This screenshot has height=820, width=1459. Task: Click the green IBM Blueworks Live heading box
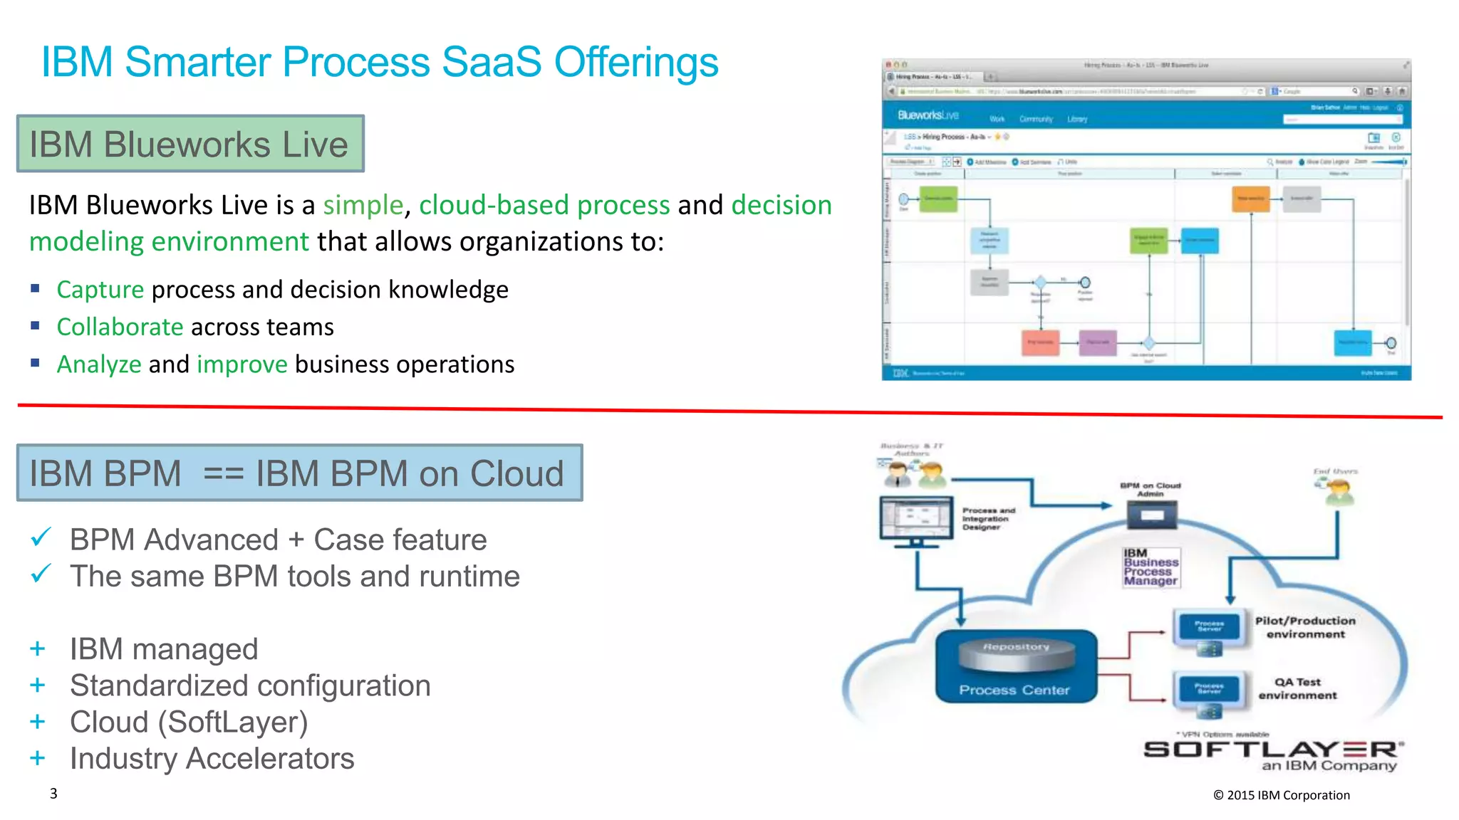click(x=190, y=144)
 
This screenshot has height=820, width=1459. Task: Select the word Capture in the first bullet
click(x=100, y=290)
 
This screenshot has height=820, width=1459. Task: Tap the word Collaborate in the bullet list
click(x=120, y=327)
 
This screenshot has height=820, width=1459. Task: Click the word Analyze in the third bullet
click(x=99, y=364)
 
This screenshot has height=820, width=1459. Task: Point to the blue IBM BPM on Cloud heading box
click(x=299, y=473)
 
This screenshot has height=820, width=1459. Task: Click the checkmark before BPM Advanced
click(x=41, y=537)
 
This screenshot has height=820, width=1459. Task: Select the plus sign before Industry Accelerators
click(x=38, y=758)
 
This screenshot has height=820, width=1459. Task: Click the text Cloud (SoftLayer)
click(x=189, y=722)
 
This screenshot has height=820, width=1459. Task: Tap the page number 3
click(x=53, y=793)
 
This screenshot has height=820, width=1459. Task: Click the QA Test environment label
click(x=1297, y=688)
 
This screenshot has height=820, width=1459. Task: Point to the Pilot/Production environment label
click(x=1304, y=627)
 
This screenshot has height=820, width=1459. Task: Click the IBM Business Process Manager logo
click(x=1151, y=567)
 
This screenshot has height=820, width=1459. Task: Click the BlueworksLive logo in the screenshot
click(x=928, y=115)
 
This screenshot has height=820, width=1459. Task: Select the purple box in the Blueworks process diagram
click(x=1097, y=342)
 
